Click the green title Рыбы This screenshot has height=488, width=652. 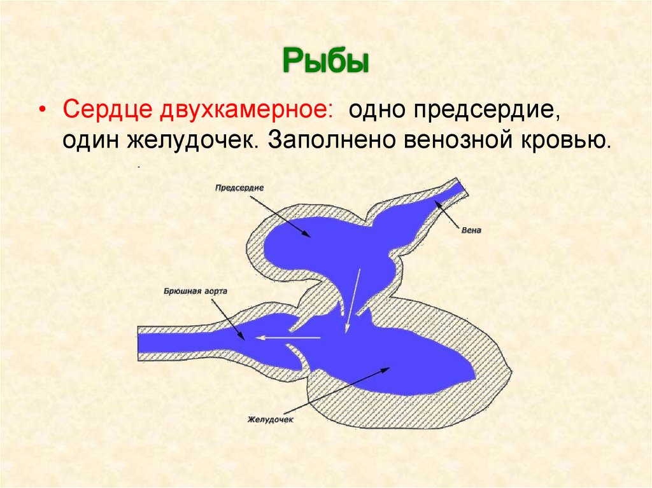[x=325, y=62]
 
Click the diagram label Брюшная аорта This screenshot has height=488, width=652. [x=195, y=291]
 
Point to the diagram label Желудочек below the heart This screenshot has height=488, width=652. [x=270, y=420]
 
